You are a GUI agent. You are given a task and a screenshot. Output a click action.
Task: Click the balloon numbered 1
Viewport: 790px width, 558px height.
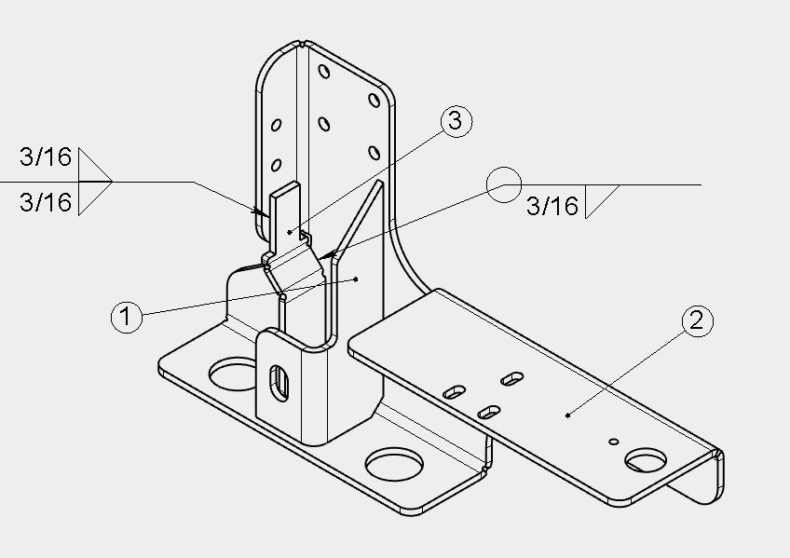(x=126, y=317)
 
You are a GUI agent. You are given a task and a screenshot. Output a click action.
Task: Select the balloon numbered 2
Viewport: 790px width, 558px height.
(x=697, y=320)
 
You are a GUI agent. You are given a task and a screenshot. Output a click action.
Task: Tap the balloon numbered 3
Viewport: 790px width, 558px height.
(x=456, y=121)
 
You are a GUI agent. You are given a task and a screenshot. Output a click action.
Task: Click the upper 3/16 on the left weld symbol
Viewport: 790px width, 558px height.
(x=46, y=157)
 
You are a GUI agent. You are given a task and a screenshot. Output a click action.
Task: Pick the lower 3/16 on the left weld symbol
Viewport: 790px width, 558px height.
(x=46, y=202)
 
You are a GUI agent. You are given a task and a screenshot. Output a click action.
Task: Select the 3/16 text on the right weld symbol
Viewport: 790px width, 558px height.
(x=552, y=206)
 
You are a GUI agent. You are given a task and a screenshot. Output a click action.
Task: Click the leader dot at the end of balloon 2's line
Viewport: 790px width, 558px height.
(x=568, y=415)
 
